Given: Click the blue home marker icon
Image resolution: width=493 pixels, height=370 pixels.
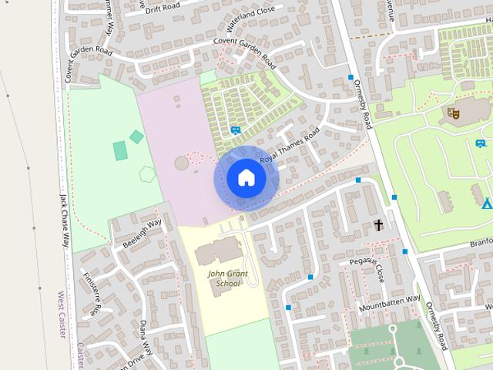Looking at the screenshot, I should pyautogui.click(x=246, y=178).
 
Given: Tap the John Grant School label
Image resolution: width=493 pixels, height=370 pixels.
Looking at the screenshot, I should pyautogui.click(x=224, y=278).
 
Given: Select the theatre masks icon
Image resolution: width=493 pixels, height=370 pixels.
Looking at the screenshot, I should pyautogui.click(x=454, y=114).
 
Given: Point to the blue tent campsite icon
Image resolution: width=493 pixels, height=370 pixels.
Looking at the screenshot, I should pyautogui.click(x=486, y=203).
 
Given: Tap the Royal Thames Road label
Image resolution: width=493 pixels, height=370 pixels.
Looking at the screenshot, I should pyautogui.click(x=289, y=149).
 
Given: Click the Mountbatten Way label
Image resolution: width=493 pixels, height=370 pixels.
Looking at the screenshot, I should pyautogui.click(x=390, y=304).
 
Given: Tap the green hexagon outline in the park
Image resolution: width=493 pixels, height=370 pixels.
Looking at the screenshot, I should pyautogui.click(x=147, y=173).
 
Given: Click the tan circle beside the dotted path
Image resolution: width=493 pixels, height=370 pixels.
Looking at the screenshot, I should pyautogui.click(x=182, y=163).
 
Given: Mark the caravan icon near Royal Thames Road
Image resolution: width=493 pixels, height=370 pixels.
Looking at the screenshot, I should pyautogui.click(x=235, y=130).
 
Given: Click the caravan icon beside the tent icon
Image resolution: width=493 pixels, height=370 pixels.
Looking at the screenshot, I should pyautogui.click(x=481, y=143).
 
